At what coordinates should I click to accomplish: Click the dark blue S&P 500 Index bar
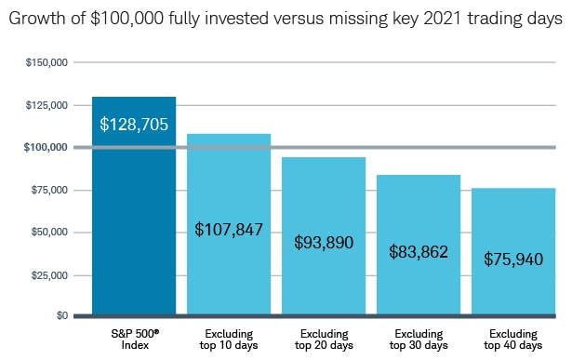[x=134, y=214]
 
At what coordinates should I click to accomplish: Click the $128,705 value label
[x=134, y=123]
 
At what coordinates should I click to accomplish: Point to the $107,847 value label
[x=229, y=228]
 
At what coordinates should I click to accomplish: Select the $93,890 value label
[x=324, y=242]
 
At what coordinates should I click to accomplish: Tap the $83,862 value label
[x=419, y=250]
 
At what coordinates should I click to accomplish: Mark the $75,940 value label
[x=513, y=259]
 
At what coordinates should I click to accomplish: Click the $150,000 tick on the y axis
[x=46, y=62]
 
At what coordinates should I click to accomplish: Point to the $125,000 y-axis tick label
[x=46, y=105]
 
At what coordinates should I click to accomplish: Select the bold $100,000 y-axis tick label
[x=46, y=147]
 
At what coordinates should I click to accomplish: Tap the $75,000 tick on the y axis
[x=47, y=190]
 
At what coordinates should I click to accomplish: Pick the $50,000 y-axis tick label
[x=47, y=232]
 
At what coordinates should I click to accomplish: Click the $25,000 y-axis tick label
[x=47, y=274]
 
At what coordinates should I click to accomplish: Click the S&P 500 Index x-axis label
[x=134, y=339]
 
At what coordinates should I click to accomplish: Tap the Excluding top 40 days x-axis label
[x=513, y=339]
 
